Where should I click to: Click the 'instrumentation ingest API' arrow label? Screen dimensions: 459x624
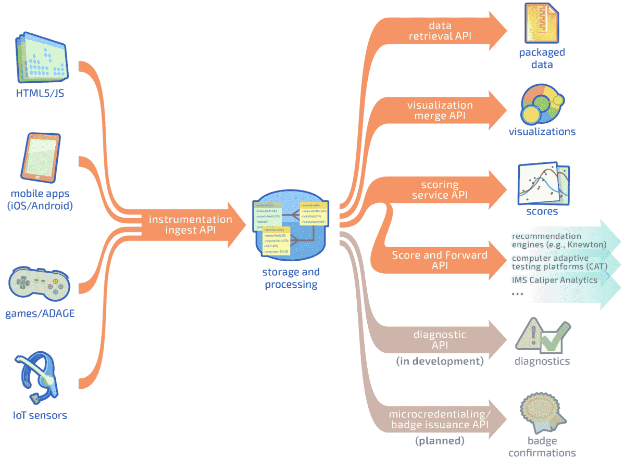190,225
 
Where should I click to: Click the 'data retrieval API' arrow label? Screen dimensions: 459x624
440,31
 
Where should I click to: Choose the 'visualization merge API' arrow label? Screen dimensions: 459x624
440,110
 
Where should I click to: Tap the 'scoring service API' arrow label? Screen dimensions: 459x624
440,190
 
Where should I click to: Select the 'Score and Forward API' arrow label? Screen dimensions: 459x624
440,260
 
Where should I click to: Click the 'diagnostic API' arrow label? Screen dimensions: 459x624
440,340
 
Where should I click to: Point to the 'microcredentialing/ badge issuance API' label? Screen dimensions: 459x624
440,419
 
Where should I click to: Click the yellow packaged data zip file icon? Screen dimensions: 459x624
542,24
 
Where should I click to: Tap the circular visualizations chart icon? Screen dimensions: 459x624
542,104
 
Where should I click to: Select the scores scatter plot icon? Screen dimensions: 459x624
542,185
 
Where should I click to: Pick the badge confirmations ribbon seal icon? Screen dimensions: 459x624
540,414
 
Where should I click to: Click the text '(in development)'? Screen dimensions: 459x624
440,361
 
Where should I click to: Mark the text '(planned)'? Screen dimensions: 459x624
440,441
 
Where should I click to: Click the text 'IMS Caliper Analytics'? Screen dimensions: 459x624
554,280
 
